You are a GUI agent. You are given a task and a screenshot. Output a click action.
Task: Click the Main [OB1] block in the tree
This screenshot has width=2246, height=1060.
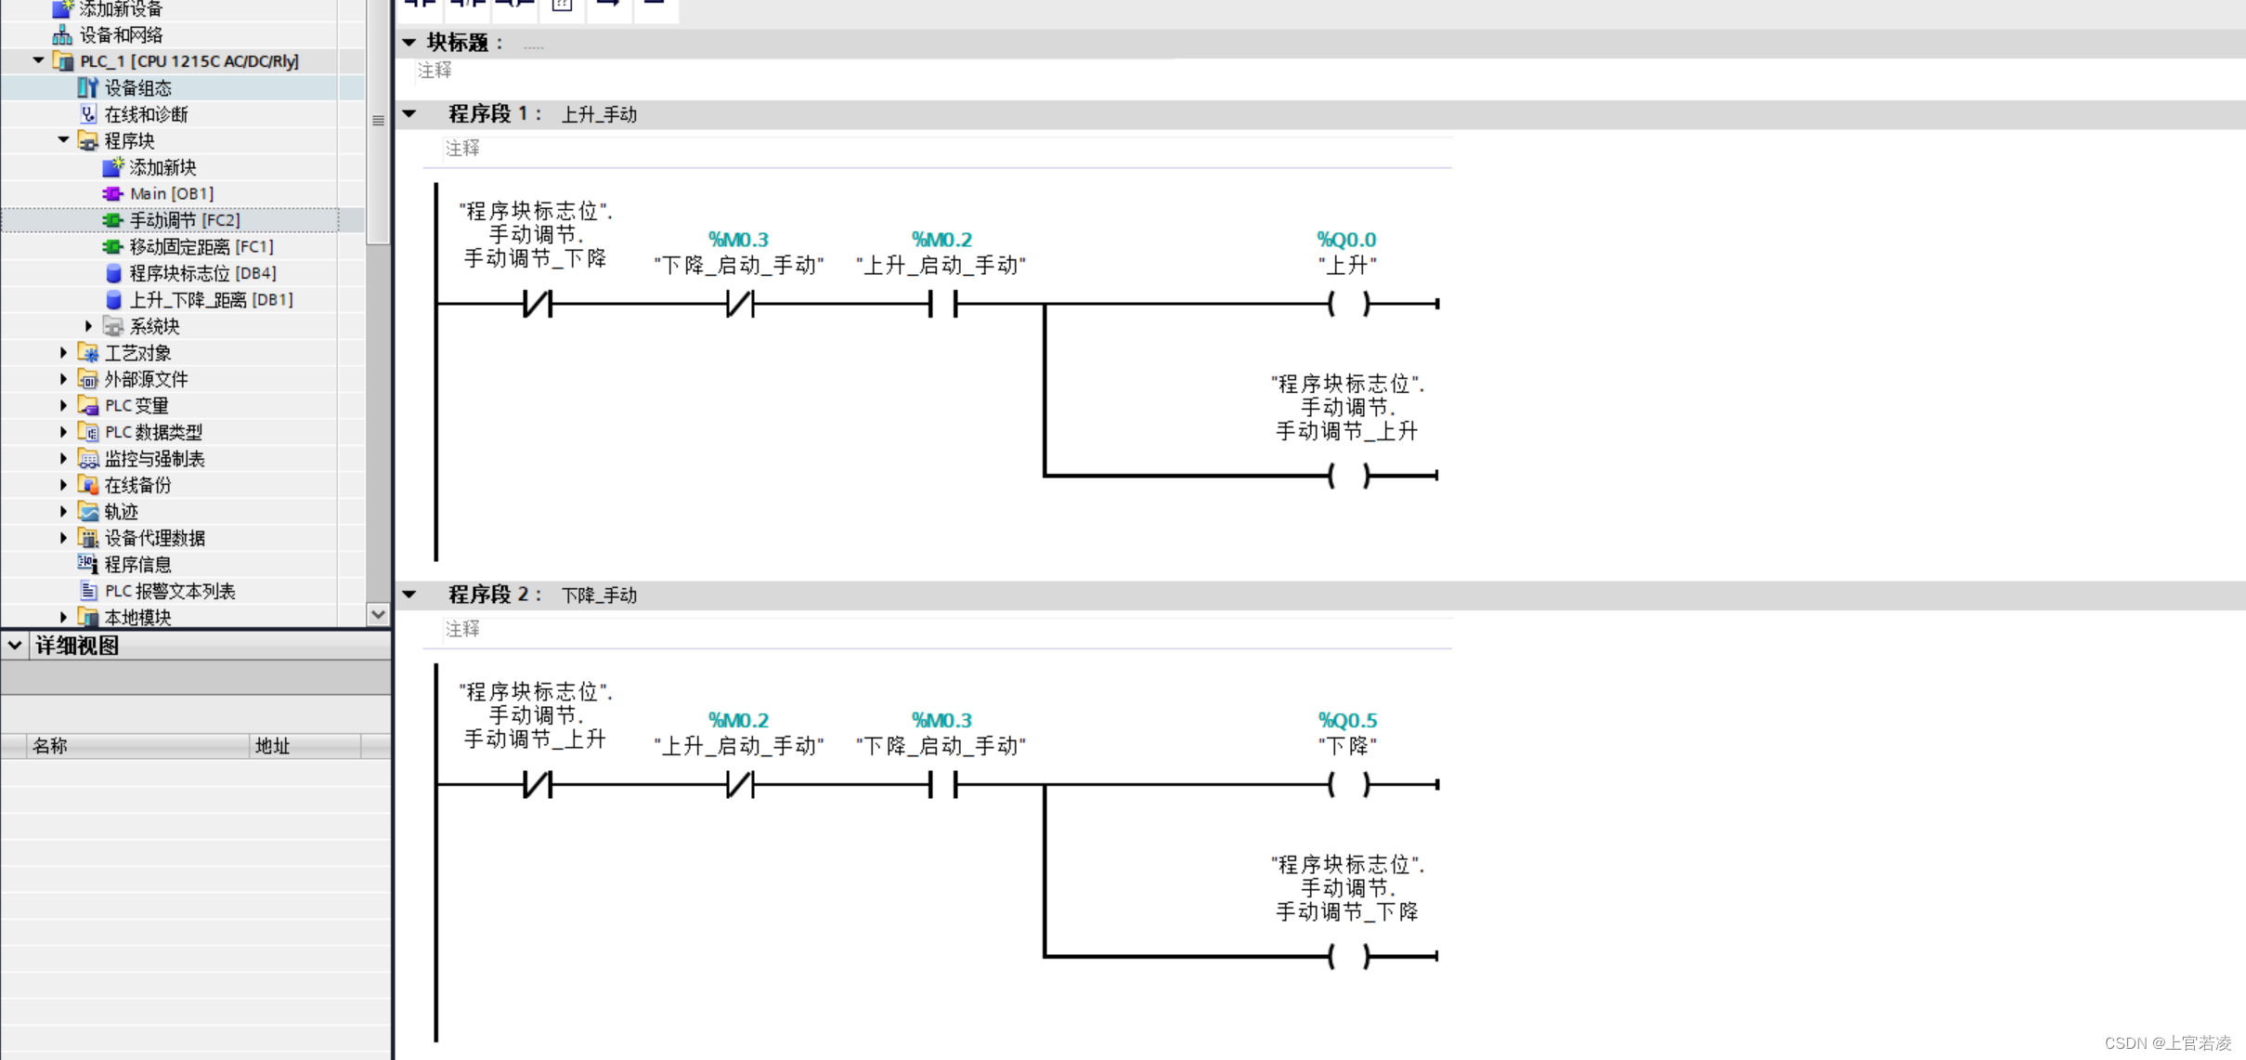pos(171,193)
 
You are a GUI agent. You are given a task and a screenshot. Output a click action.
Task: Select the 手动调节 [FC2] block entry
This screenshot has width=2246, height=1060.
pos(184,220)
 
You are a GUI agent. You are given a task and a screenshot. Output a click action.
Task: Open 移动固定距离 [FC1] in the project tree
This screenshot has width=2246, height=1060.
pos(201,246)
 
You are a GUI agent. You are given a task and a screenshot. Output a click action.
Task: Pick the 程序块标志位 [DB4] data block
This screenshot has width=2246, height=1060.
pos(201,273)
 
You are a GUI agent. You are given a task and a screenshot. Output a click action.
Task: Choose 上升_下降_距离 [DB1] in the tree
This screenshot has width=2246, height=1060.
pos(210,299)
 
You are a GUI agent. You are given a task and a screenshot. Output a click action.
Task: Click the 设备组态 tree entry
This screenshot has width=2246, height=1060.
pos(137,87)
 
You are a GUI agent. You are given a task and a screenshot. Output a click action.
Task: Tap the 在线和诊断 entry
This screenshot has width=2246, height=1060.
pos(146,114)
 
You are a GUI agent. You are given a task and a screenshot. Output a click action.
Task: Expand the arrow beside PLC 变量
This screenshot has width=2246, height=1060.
pos(63,405)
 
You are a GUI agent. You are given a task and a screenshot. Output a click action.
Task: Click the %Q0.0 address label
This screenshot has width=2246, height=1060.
pos(1346,240)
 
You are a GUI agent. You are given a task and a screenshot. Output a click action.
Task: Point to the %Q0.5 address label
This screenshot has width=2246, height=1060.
pos(1347,720)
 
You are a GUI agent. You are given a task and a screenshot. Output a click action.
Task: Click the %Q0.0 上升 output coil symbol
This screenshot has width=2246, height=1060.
pos(1348,304)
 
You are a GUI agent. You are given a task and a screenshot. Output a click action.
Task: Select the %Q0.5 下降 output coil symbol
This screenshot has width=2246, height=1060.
pos(1348,784)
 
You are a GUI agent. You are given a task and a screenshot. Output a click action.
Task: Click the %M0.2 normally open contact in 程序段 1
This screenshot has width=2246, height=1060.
pos(941,304)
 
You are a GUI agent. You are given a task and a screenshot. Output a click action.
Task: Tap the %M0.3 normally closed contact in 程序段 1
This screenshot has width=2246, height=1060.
pos(739,304)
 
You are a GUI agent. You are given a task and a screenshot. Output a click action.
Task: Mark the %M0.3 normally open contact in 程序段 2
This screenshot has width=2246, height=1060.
pos(941,784)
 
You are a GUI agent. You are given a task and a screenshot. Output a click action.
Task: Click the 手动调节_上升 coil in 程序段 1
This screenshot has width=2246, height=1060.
pos(1348,476)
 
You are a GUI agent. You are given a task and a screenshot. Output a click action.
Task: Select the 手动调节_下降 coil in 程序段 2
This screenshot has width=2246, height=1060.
pos(1348,956)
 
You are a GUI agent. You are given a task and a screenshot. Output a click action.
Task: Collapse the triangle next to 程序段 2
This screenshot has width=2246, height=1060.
pos(409,595)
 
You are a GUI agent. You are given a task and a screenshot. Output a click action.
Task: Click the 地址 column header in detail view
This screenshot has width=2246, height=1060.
pos(273,746)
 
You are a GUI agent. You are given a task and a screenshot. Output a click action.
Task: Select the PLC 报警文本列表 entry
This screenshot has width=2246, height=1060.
pos(169,591)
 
